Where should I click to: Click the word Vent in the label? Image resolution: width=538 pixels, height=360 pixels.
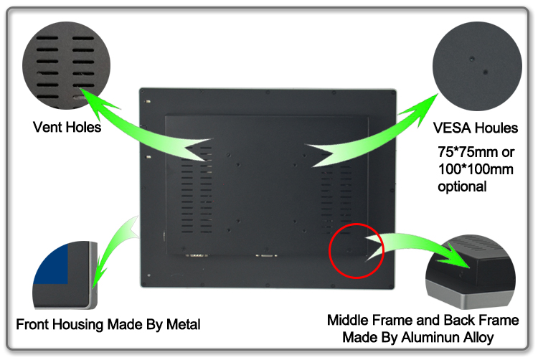pyautogui.click(x=47, y=127)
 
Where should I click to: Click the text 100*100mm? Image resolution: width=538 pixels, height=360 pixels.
pyautogui.click(x=476, y=169)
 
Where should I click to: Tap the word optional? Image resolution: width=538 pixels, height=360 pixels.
pyautogui.click(x=462, y=187)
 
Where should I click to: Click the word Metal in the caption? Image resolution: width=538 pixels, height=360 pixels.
pyautogui.click(x=183, y=324)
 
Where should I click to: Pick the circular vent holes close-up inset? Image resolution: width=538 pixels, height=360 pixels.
pyautogui.click(x=67, y=65)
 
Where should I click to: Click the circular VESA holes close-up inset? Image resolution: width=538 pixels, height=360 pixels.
pyautogui.click(x=477, y=66)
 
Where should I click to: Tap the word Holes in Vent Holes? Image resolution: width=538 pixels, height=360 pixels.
pyautogui.click(x=83, y=127)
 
